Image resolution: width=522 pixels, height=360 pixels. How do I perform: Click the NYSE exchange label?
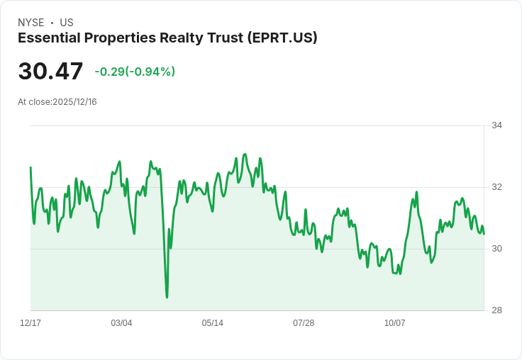pos(30,23)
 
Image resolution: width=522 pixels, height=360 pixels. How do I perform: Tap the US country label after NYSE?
pos(67,23)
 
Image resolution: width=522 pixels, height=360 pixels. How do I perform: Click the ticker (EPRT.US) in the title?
pos(282,38)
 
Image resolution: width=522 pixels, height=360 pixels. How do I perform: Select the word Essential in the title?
pos(47,38)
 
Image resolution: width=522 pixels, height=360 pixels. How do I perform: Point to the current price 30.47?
pos(50,72)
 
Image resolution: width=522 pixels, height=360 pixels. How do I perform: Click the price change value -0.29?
pos(110,72)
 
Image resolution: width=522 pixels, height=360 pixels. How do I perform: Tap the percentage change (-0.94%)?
pos(150,72)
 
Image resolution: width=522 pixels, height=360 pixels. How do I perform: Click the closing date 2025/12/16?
pos(74,102)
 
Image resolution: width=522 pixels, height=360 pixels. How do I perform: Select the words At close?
pos(34,102)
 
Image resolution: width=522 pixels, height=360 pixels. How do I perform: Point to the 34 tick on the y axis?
pos(497,125)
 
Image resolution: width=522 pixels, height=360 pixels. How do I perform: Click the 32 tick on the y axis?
pos(497,187)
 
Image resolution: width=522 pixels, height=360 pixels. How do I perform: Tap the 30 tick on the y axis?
pos(497,249)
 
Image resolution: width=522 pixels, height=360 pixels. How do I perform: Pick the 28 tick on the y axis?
pos(497,310)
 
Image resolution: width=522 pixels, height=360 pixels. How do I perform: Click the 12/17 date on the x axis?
pos(30,323)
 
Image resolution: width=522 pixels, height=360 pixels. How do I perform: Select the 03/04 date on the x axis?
pos(121,323)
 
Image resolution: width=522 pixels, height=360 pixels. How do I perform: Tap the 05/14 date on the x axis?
pos(213,323)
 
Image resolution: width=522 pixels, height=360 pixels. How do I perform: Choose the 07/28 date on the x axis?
pos(304,323)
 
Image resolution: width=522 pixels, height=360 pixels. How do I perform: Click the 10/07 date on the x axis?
pos(395,323)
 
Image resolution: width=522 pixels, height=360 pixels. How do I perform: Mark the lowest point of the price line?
pos(167,297)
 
